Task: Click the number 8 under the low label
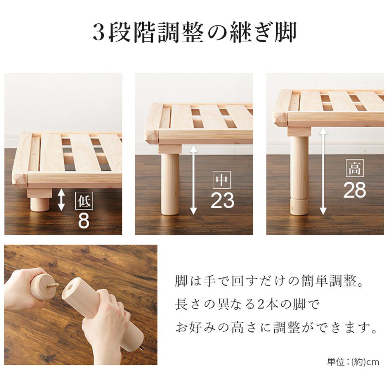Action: pyautogui.click(x=84, y=221)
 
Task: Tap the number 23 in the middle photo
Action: pyautogui.click(x=222, y=200)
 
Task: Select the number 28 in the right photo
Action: pyautogui.click(x=355, y=190)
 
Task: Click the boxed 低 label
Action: pyautogui.click(x=84, y=201)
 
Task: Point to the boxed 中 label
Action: pyautogui.click(x=222, y=180)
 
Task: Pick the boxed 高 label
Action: pyautogui.click(x=355, y=168)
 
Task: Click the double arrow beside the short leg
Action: pyautogui.click(x=61, y=200)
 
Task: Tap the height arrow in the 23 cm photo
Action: pyautogui.click(x=194, y=180)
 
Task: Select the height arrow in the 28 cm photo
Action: pyautogui.click(x=323, y=171)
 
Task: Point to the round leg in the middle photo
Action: pyautogui.click(x=170, y=184)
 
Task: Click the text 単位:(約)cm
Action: pyautogui.click(x=353, y=362)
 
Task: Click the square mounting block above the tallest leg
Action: pyautogui.click(x=299, y=131)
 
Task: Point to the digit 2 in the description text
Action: pyautogui.click(x=261, y=304)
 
